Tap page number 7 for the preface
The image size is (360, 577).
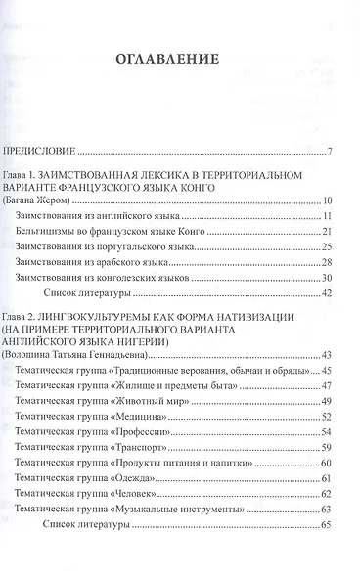coord(332,151)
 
